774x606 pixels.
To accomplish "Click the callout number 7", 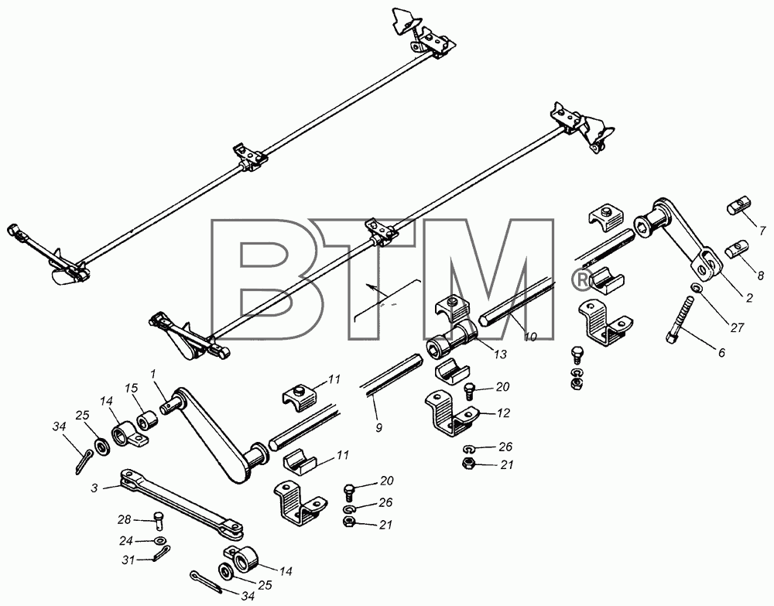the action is coord(762,231).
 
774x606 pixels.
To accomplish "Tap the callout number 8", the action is coord(761,276).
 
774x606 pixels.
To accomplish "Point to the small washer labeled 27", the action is coord(696,287).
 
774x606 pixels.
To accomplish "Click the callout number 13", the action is coord(500,354).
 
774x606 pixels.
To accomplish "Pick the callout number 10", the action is coord(529,337).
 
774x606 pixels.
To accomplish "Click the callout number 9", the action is coord(378,427).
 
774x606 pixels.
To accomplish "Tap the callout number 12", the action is coord(503,413).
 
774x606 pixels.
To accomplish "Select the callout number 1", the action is coord(153,374).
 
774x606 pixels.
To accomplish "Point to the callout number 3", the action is coord(94,488).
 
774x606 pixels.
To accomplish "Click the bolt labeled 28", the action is coord(159,520).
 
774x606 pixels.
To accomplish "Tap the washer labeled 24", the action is coord(160,540).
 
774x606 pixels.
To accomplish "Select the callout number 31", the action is coord(128,560).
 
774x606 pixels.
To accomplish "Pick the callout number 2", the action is coord(748,297).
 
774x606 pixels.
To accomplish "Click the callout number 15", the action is coord(131,389).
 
